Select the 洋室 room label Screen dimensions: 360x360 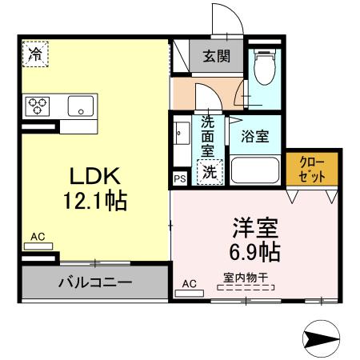(x=255, y=227)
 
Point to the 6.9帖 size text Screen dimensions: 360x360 (x=255, y=252)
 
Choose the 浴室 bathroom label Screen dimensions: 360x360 (x=255, y=135)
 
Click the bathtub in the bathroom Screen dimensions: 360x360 (x=255, y=170)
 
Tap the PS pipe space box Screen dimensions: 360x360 (x=179, y=178)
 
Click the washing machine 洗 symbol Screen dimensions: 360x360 (x=209, y=170)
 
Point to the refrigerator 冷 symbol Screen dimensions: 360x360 (x=34, y=54)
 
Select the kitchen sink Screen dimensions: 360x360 (x=81, y=106)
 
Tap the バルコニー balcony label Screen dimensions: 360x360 (x=95, y=282)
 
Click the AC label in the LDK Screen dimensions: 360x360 (x=38, y=236)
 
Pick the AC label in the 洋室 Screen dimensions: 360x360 (x=190, y=283)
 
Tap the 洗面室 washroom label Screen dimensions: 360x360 (x=208, y=135)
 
